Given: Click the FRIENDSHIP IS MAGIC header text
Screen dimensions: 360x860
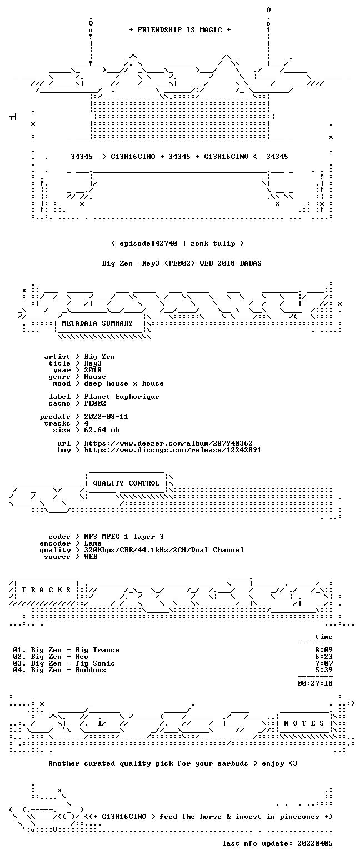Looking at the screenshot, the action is point(180,30).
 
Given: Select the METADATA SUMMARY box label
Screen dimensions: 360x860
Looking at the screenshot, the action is point(97,323).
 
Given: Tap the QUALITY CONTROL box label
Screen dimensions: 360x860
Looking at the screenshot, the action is point(126,483).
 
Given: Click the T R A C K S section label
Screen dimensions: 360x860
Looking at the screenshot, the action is point(47,590).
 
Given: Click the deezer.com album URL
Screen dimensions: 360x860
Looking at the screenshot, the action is point(168,443).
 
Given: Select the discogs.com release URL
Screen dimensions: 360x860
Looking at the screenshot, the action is point(173,450).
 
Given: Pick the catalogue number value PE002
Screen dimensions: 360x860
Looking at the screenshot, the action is point(95,403).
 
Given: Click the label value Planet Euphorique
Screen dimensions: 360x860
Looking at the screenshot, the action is point(122,397).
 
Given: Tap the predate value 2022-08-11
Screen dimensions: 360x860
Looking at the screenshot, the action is point(106,417).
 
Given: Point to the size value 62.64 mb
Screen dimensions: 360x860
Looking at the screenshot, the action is point(102,430).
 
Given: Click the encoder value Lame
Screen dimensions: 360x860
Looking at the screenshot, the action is point(93,544).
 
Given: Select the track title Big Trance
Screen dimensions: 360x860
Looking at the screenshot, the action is point(97,650).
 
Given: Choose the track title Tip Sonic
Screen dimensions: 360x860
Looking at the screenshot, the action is point(95,663).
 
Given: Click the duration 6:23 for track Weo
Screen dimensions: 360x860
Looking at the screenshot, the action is point(324,657).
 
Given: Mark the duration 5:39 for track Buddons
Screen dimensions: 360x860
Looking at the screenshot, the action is point(324,670).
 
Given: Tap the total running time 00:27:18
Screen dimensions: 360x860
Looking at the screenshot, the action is point(315,683).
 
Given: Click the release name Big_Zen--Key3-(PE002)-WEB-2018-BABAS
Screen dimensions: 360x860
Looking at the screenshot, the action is point(182,263).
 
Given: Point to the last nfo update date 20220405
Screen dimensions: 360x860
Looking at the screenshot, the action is point(315,843).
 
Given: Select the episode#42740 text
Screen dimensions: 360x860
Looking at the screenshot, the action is point(148,243).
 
